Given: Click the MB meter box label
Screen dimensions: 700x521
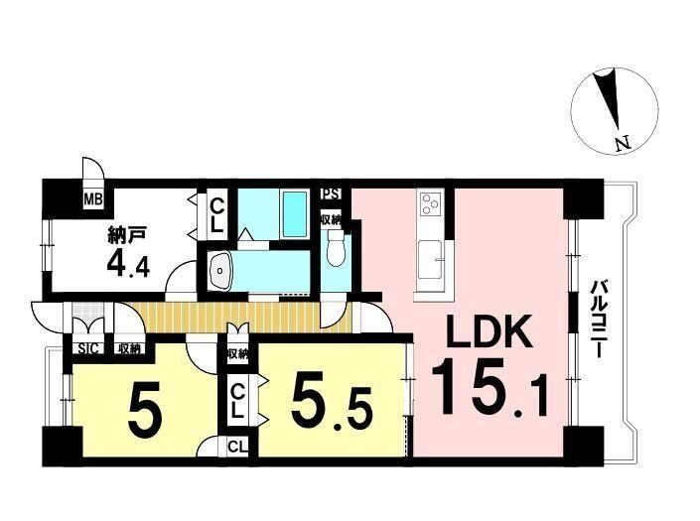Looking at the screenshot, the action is click(x=93, y=198).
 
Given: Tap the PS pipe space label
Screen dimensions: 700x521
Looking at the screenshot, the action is click(x=332, y=195).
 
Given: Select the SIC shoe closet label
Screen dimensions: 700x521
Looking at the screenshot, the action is click(x=87, y=348).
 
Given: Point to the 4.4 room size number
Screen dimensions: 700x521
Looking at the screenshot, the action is click(x=128, y=266).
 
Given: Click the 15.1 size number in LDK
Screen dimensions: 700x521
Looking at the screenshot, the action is click(x=490, y=389).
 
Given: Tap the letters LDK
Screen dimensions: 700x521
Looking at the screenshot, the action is click(x=490, y=331).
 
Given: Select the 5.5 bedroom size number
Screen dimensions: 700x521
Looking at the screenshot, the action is click(x=332, y=407).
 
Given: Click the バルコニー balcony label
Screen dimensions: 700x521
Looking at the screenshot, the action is click(x=597, y=319).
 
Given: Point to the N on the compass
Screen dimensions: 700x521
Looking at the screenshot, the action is click(x=624, y=143).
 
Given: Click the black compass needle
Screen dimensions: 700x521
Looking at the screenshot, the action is click(x=610, y=99).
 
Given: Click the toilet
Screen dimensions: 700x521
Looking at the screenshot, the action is click(x=336, y=248).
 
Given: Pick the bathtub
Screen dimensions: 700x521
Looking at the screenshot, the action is click(x=295, y=213).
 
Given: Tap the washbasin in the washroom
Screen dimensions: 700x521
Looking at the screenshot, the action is click(x=220, y=270).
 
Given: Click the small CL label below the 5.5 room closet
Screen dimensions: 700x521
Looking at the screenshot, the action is click(x=237, y=446).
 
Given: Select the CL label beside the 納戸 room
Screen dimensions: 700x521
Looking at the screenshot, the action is click(x=216, y=215).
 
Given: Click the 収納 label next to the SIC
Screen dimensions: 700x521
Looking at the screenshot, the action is click(x=129, y=348).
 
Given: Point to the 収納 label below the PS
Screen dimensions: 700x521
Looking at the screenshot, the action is click(x=331, y=219).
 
